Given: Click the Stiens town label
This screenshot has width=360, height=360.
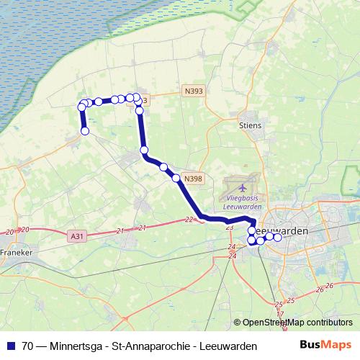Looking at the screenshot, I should coord(250,125).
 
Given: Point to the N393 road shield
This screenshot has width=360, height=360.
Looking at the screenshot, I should coord(192,91).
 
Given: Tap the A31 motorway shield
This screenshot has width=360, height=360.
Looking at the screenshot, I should coord(78,235).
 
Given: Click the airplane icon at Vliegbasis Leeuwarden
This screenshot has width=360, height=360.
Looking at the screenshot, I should coord(240,188).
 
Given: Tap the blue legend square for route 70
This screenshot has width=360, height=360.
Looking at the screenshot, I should coord(11,346).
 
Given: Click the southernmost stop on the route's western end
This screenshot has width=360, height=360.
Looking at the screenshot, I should coord(85,131).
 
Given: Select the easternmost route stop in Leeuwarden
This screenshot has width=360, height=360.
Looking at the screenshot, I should coord(277,237).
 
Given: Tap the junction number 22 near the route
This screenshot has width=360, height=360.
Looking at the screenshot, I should coord(189,220).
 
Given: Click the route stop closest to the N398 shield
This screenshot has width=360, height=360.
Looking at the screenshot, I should coord(176,178).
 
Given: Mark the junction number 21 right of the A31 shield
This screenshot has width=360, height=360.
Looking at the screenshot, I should coord(120,230).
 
